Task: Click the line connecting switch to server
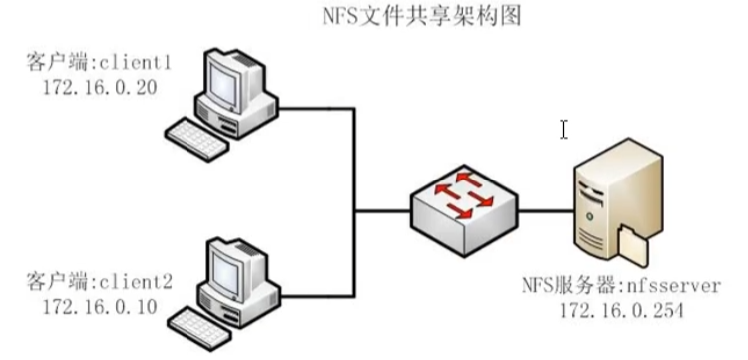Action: pos(544,210)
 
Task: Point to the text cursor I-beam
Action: pos(563,130)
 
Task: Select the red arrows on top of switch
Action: pos(460,191)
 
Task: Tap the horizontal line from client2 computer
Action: pos(315,297)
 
